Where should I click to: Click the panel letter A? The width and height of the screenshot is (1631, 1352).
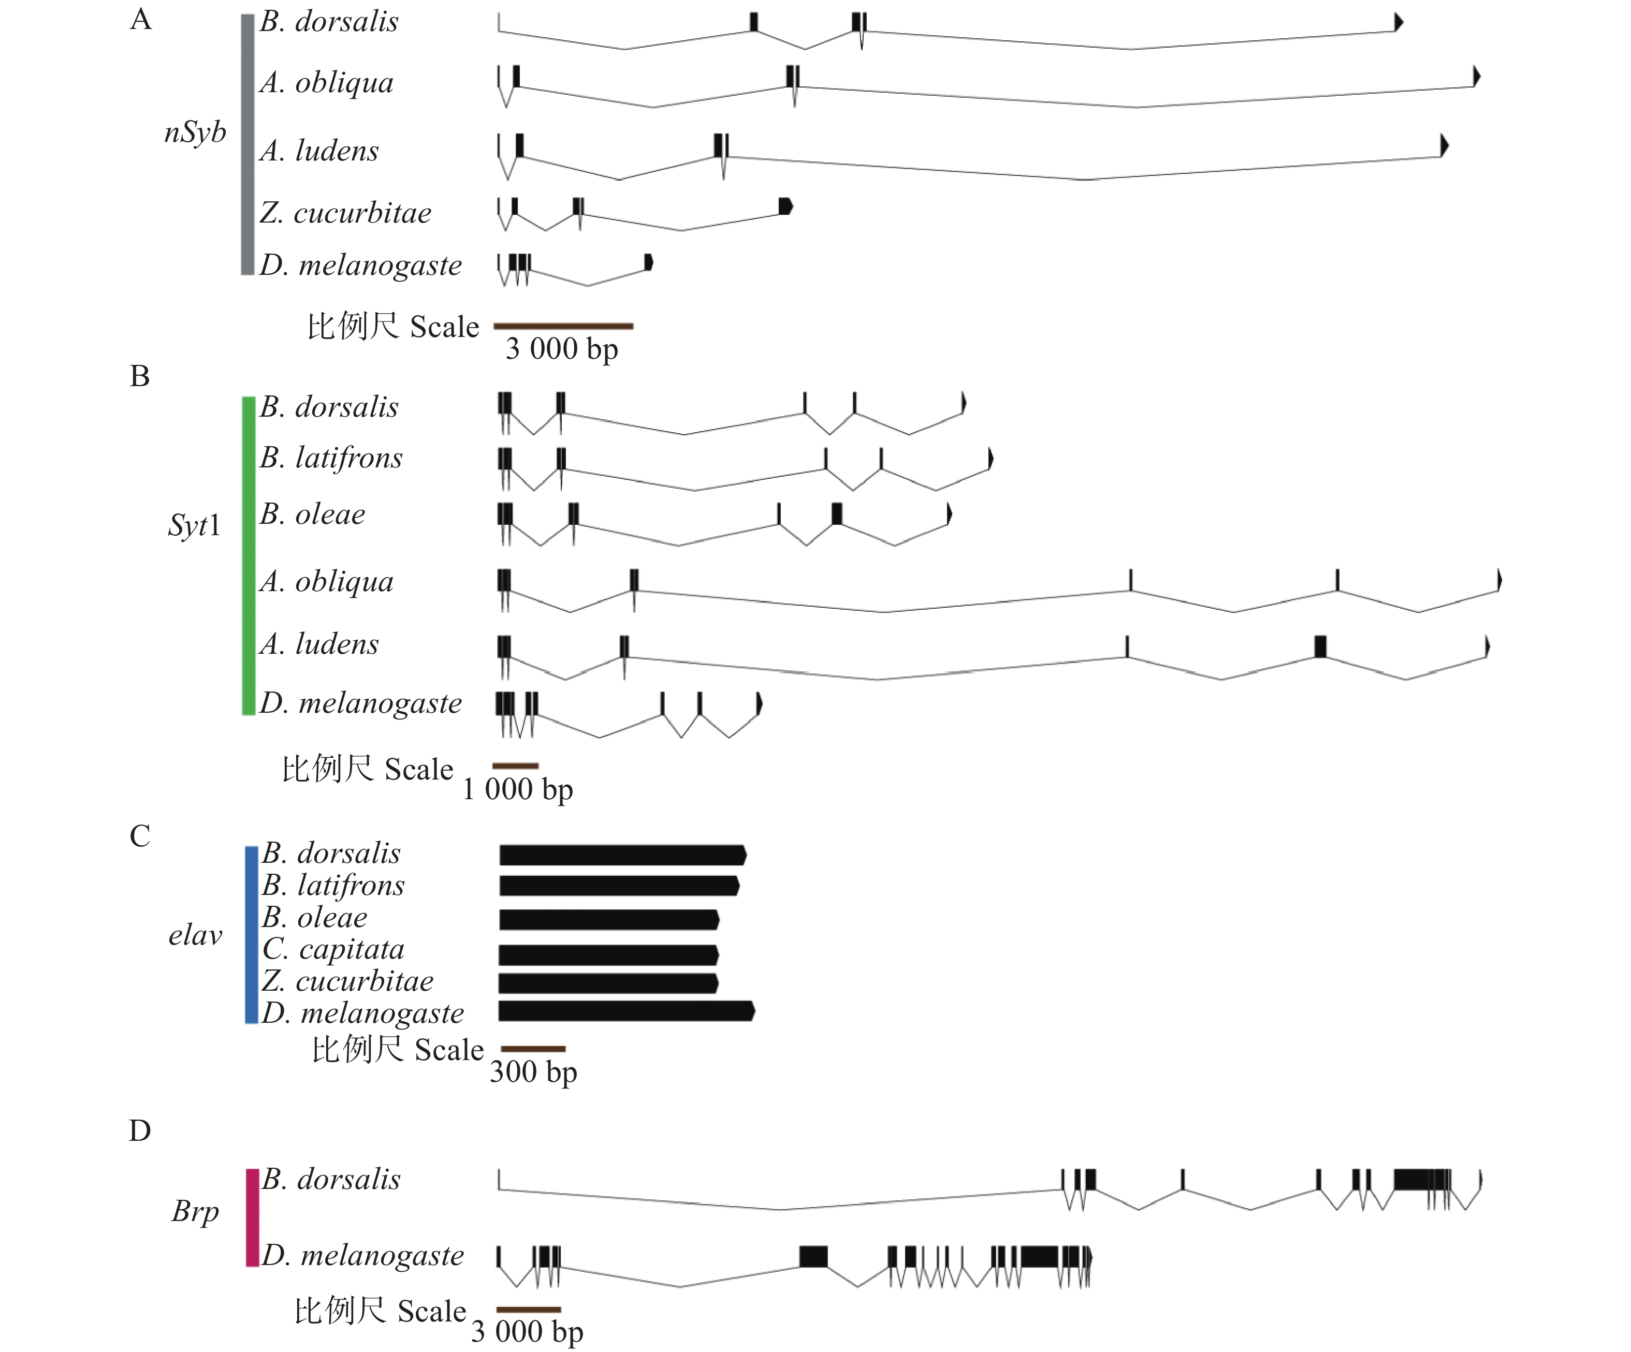click(141, 20)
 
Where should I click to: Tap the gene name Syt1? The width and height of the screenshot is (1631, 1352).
click(194, 526)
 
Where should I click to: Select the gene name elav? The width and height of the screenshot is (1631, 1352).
click(195, 935)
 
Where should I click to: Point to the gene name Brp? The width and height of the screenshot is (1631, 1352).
click(195, 1211)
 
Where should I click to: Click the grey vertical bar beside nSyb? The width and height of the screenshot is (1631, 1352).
click(247, 144)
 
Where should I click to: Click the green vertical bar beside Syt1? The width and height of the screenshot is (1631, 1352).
click(249, 555)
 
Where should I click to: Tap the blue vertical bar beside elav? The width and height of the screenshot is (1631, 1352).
click(251, 935)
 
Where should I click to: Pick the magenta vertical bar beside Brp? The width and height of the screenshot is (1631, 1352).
click(252, 1217)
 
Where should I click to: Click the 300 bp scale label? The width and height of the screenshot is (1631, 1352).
click(533, 1072)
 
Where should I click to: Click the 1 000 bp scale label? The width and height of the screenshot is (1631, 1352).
click(518, 790)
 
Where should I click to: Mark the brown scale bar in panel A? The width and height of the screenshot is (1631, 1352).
click(563, 326)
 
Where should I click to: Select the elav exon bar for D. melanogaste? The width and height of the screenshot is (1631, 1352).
click(626, 1011)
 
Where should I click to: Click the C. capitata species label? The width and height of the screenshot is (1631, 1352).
click(333, 949)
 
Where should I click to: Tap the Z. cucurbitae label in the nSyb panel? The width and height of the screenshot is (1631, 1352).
click(346, 213)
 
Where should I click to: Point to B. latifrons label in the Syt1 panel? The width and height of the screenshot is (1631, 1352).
click(331, 458)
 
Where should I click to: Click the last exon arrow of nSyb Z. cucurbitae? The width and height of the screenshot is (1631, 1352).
click(785, 206)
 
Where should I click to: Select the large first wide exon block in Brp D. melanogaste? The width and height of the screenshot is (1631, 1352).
click(813, 1256)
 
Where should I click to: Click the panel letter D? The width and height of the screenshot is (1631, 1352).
click(140, 1130)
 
